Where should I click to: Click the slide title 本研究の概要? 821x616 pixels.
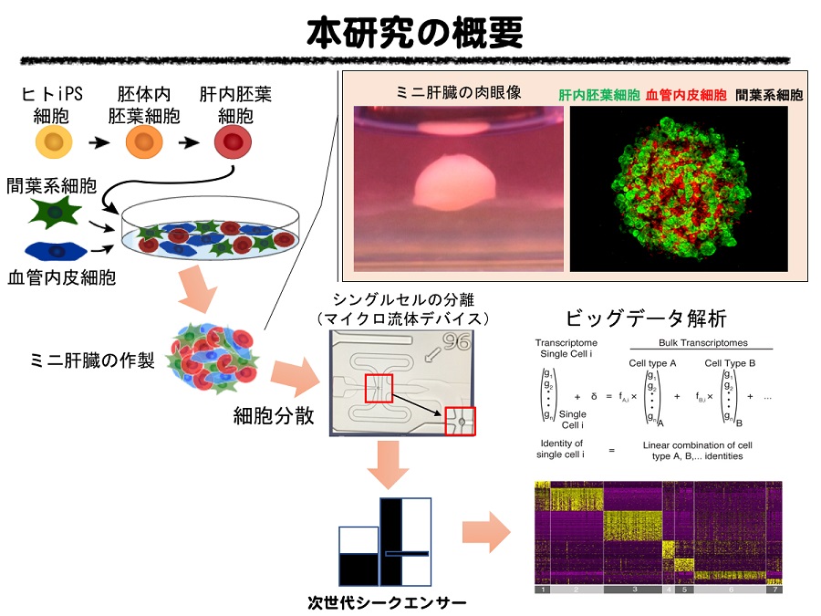[x=416, y=34]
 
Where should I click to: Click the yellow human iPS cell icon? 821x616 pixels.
[x=54, y=142]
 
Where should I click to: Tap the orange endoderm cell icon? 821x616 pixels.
[x=143, y=142]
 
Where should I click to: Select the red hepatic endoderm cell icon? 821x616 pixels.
[x=234, y=142]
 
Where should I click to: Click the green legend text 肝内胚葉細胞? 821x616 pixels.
[x=598, y=94]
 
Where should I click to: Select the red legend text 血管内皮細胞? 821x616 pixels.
[x=686, y=94]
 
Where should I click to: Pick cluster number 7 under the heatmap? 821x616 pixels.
[x=774, y=590]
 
